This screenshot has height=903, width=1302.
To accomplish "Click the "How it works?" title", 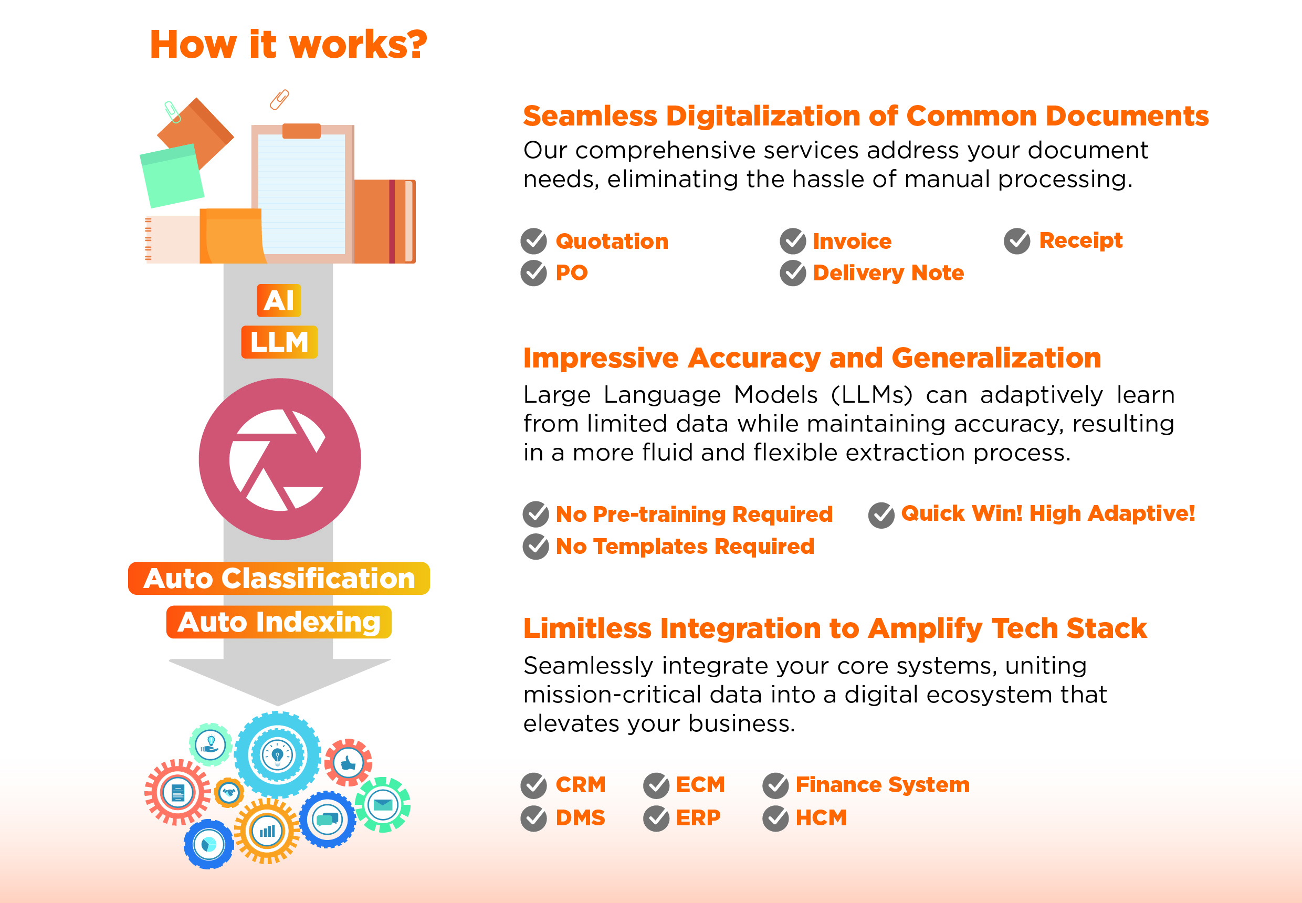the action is point(288,44).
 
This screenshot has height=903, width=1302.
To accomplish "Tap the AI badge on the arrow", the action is point(279,300).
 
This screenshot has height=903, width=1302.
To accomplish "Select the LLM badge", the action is point(279,342).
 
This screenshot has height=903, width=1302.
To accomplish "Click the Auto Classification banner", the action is point(279,578).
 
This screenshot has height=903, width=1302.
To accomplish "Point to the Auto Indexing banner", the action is point(279,622).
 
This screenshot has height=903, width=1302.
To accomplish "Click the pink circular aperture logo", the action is point(279,459).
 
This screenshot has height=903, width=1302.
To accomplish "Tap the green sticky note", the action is point(172,175).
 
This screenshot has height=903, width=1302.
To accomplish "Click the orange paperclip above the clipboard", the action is point(279,99).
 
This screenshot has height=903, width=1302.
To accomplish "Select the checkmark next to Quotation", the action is point(533,241).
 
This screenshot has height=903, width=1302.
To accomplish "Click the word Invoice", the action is point(852,241).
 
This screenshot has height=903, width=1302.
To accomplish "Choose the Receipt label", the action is point(1081,241).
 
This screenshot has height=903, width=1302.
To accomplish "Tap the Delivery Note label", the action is point(888,272).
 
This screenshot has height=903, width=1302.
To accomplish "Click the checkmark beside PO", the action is point(533,274).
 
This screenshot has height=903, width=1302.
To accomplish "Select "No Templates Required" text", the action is point(685,547).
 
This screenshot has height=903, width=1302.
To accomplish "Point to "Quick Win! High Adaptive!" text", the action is point(1048,513).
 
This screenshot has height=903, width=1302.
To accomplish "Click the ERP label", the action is point(698,817).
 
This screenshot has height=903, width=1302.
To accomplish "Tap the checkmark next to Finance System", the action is point(776,785).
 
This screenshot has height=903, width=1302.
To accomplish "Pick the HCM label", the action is point(821,817).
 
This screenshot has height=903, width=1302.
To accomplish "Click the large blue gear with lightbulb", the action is point(277,755).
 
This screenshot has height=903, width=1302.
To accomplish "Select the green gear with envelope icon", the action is point(383,804).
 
